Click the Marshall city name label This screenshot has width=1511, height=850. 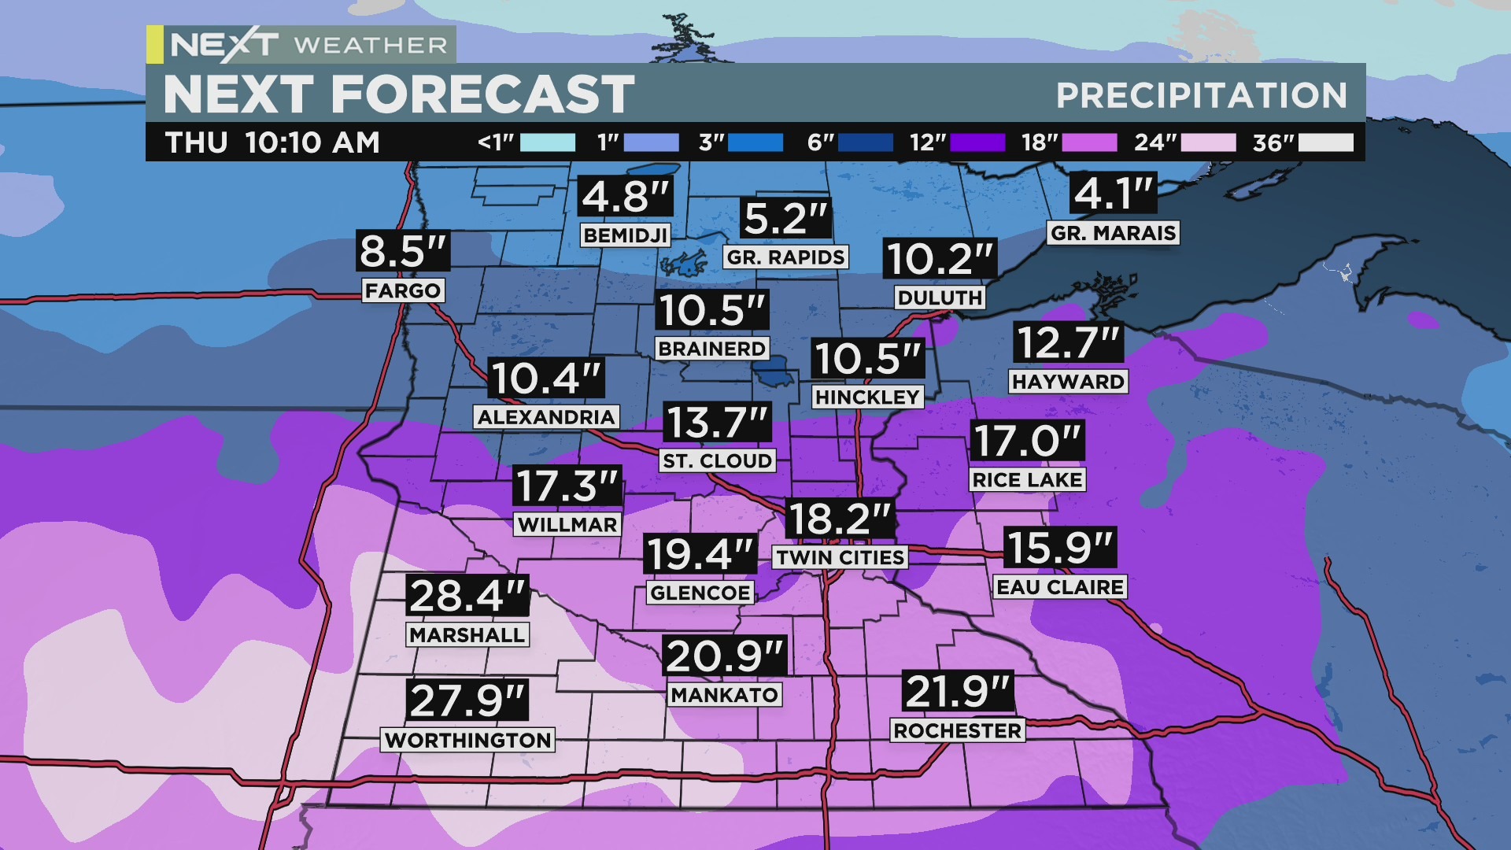tap(467, 634)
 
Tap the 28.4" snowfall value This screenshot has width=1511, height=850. tap(467, 596)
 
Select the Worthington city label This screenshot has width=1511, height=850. tap(467, 740)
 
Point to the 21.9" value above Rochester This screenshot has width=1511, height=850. tap(957, 692)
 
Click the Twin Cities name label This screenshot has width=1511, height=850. tap(840, 557)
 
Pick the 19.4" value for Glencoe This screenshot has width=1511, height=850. tap(700, 554)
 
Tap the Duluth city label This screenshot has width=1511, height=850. tap(940, 297)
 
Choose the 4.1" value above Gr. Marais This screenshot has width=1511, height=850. tap(1113, 193)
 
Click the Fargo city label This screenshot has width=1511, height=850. tap(402, 290)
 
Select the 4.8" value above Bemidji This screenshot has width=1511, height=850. tap(626, 197)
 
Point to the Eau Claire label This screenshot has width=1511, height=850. tap(1059, 587)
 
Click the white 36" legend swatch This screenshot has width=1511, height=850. tap(1326, 142)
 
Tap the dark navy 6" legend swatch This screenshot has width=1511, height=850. tap(866, 142)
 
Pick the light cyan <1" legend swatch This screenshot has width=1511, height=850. tap(548, 142)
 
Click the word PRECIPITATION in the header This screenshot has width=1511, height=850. tap(1201, 95)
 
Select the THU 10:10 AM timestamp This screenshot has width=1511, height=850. tap(272, 142)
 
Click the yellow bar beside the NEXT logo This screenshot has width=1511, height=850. tap(155, 44)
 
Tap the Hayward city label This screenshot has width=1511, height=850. tap(1068, 382)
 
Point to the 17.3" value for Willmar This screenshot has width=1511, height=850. tap(567, 486)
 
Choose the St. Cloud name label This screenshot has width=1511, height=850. tap(717, 460)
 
